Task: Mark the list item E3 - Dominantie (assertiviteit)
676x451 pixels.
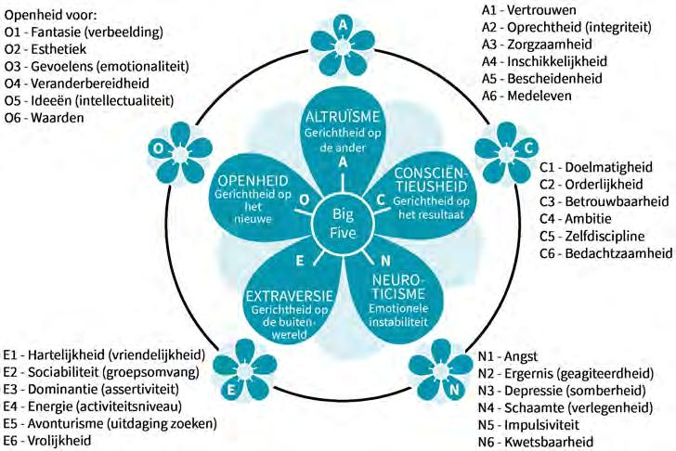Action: click(102, 389)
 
